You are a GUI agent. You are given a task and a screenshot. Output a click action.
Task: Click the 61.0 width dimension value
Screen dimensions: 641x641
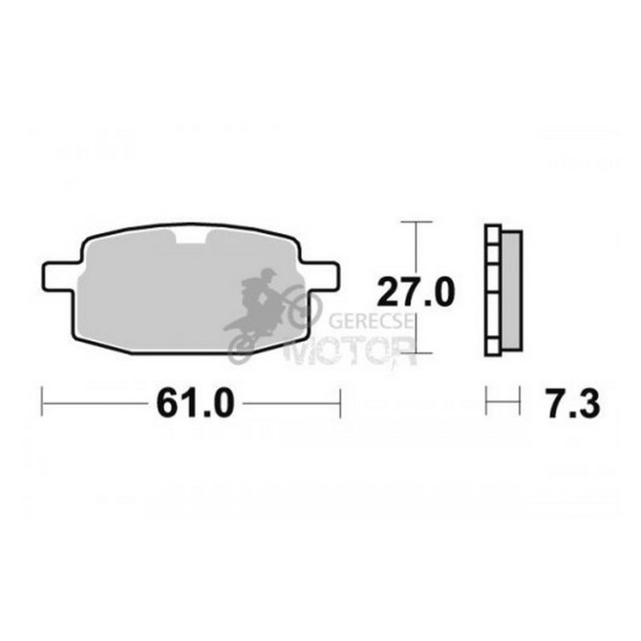pyautogui.click(x=196, y=403)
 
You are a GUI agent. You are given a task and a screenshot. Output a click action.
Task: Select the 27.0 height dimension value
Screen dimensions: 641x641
pyautogui.click(x=415, y=292)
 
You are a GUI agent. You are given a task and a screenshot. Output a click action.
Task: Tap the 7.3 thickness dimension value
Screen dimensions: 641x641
pyautogui.click(x=574, y=403)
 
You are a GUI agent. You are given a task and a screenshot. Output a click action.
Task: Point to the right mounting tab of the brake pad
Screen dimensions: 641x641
pyautogui.click(x=320, y=276)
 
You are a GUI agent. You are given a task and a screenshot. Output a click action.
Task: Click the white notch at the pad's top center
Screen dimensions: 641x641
pyautogui.click(x=192, y=236)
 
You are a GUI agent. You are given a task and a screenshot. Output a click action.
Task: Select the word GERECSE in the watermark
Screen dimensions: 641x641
pyautogui.click(x=371, y=321)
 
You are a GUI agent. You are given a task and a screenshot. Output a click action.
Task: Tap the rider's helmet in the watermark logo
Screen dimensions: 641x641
pyautogui.click(x=269, y=274)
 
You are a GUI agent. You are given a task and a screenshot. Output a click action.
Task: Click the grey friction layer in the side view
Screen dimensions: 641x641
pyautogui.click(x=511, y=291)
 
